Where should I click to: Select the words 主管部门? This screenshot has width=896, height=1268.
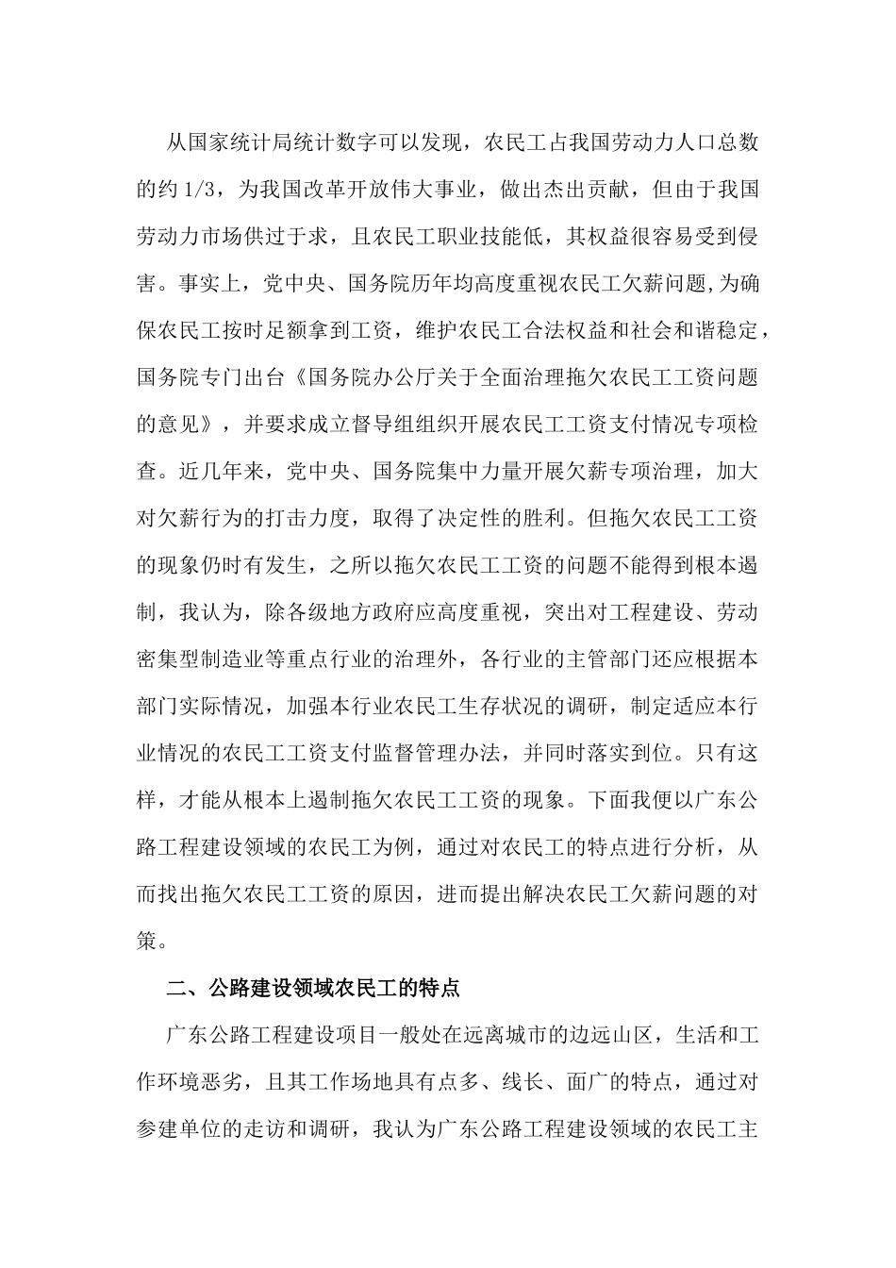click(x=604, y=660)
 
